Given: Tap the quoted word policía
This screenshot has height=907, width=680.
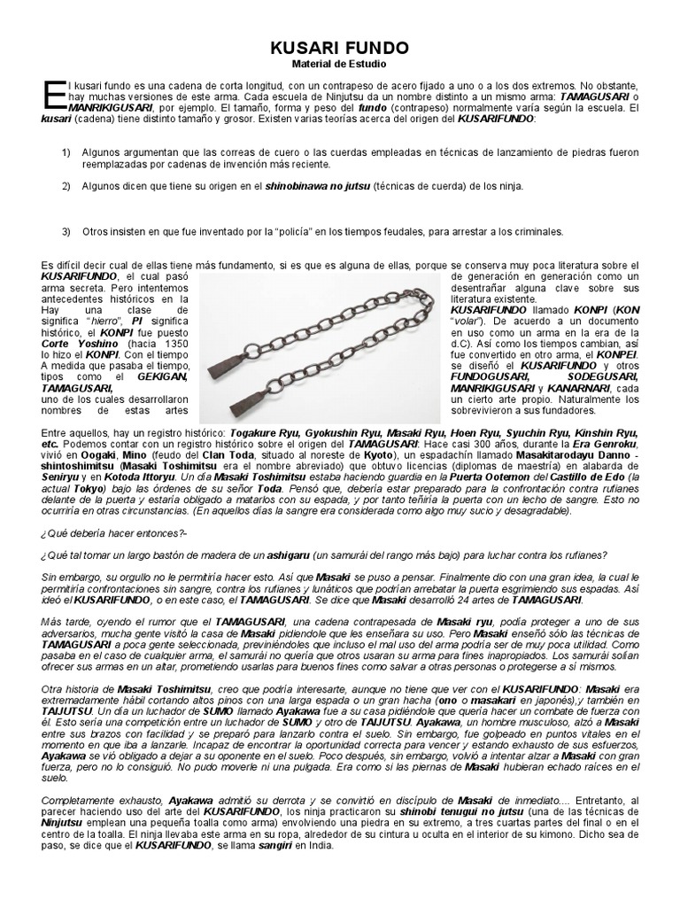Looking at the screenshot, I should point(270,231).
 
